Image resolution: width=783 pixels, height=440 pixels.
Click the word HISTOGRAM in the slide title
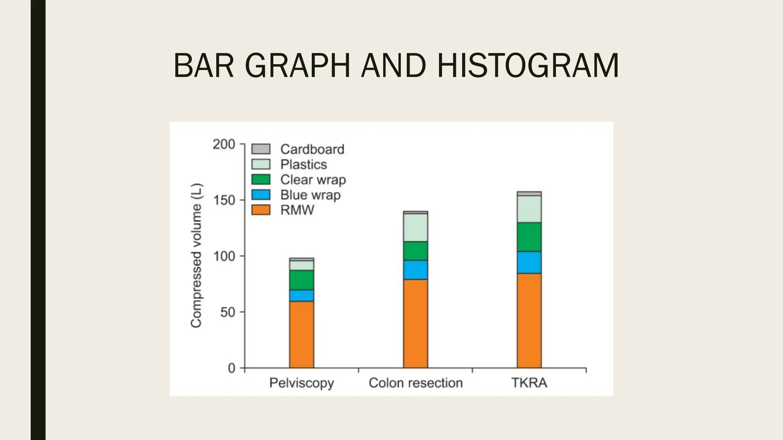tap(528, 66)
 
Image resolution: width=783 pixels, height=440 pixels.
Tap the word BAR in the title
tap(203, 66)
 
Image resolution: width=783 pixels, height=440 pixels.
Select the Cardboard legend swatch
tap(261, 149)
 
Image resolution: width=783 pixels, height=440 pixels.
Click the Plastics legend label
tap(304, 164)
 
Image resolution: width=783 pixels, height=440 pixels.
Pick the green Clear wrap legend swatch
tap(261, 180)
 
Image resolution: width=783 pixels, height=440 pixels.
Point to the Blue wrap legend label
tap(310, 195)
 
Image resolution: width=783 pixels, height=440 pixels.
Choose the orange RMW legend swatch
tap(261, 210)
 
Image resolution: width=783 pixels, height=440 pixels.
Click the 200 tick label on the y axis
tap(224, 144)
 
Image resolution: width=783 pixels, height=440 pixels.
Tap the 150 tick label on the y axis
tap(224, 200)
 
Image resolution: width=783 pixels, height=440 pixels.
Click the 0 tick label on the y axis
tap(231, 368)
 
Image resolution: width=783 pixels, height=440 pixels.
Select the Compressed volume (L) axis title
tap(196, 256)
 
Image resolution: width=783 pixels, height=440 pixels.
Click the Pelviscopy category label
tap(301, 383)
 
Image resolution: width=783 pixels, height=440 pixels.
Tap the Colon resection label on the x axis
tap(416, 383)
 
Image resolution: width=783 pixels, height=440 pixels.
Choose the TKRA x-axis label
tap(529, 383)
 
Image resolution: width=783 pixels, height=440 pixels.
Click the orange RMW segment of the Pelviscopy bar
tap(301, 334)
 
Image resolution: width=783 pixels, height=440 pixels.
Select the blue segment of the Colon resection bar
tap(416, 270)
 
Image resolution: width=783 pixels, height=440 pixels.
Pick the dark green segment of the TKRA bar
tap(529, 237)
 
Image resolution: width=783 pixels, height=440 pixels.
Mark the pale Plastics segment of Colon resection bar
tap(416, 227)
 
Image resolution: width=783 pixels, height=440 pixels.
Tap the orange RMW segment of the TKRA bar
tap(529, 321)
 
